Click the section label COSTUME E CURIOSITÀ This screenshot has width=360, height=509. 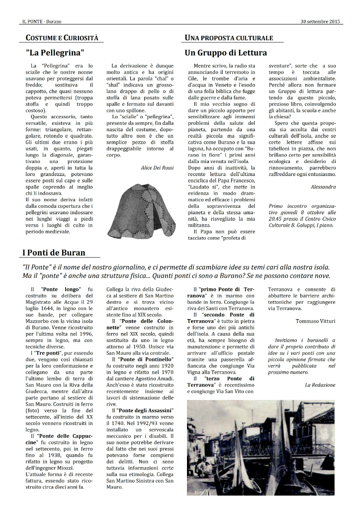[x=62, y=38]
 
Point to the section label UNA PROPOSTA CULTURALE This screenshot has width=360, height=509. [x=229, y=38]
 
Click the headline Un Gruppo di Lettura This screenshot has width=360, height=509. [x=226, y=52]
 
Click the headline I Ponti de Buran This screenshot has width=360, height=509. [x=53, y=253]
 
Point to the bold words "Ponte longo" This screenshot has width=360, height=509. [x=59, y=289]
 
